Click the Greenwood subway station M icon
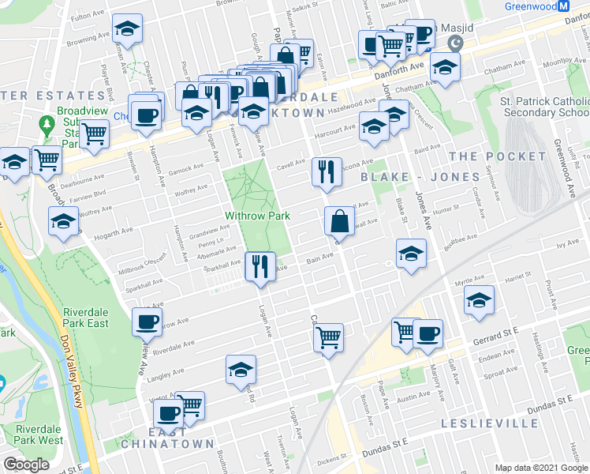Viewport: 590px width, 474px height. point(563,6)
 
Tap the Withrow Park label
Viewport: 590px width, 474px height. point(258,215)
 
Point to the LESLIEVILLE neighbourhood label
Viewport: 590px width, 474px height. point(489,423)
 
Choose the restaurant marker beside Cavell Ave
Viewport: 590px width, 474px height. point(325,171)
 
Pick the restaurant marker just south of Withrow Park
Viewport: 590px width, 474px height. point(259,265)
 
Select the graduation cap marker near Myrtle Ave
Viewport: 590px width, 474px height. point(478,300)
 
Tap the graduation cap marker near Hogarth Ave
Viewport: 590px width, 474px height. point(63,221)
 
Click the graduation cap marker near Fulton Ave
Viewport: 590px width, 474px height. point(125,30)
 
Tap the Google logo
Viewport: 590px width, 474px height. point(26,464)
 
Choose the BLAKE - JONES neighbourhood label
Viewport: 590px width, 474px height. point(409,177)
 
